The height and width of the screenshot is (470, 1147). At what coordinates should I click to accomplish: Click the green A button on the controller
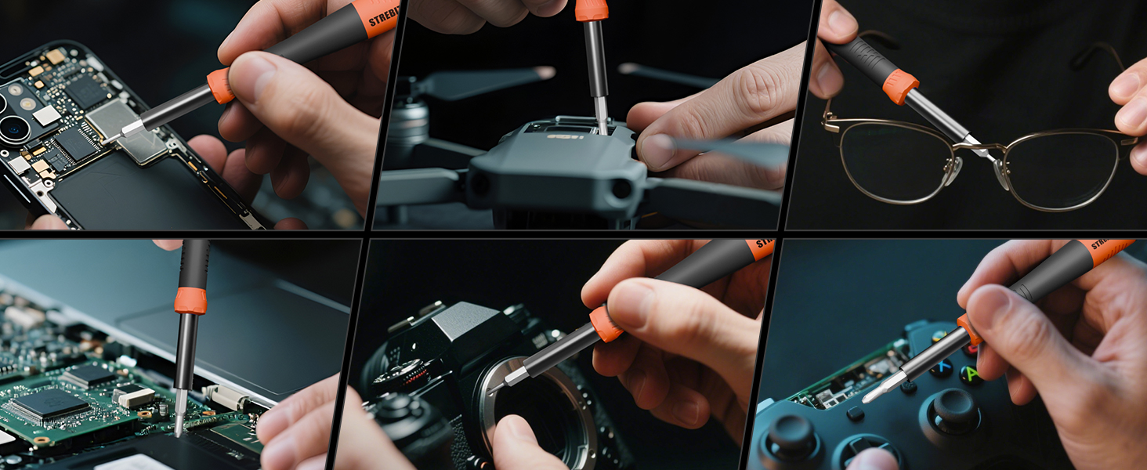tap(972, 374)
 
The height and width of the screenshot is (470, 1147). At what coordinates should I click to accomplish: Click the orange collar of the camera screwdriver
tap(606, 324)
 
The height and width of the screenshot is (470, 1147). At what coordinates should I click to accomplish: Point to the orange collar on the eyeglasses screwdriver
tap(900, 87)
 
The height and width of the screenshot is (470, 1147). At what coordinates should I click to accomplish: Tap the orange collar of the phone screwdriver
tap(221, 85)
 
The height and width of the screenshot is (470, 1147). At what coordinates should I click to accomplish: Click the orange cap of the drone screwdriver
tap(592, 9)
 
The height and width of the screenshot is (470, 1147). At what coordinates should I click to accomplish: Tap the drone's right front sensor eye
tap(621, 189)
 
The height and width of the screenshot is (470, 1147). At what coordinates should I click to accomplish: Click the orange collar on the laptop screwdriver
tap(190, 301)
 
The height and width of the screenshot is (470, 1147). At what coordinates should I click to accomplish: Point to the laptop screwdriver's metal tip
tap(180, 423)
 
